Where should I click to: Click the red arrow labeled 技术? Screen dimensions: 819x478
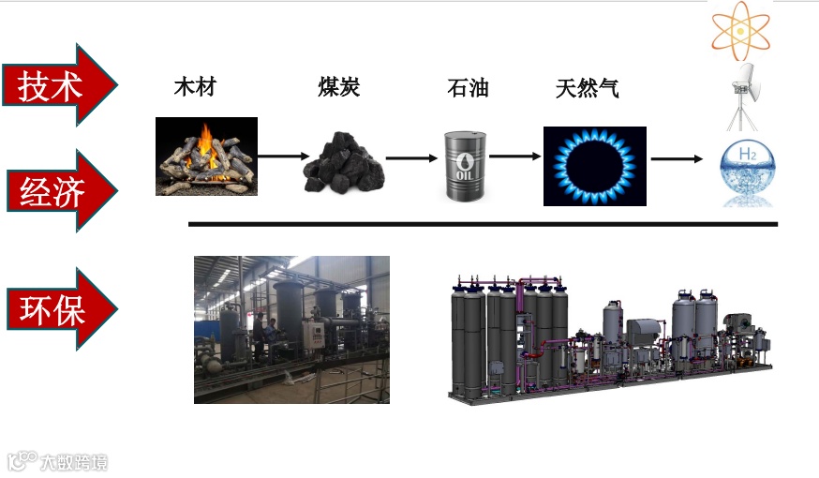click(58, 86)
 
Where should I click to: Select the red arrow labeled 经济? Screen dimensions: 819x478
click(58, 192)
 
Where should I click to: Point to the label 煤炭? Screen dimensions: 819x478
click(338, 88)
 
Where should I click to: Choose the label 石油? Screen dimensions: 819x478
click(468, 89)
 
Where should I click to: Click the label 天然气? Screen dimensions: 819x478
click(588, 89)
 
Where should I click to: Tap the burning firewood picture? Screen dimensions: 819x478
click(206, 156)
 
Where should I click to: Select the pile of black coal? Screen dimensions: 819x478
click(344, 162)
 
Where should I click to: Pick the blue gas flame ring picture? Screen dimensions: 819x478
click(594, 166)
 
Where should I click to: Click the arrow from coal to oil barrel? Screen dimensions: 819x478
click(412, 157)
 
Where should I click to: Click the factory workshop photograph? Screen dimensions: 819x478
click(291, 329)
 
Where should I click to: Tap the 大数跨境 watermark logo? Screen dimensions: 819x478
click(58, 461)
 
